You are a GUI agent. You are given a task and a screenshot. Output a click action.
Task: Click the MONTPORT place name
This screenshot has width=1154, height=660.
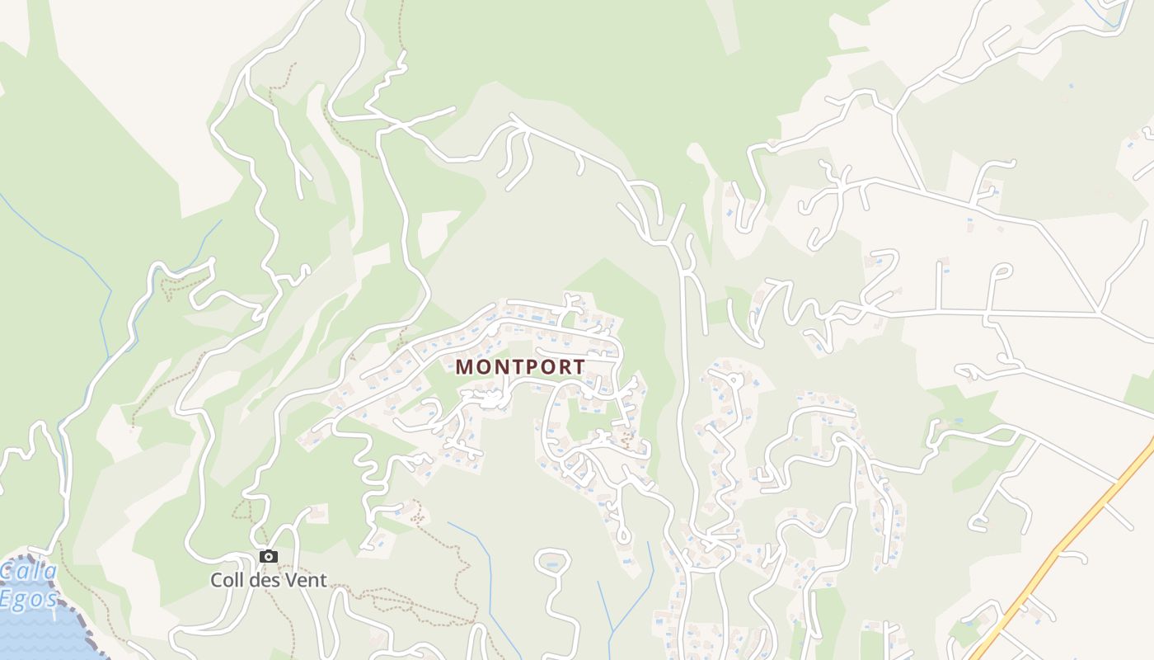520,367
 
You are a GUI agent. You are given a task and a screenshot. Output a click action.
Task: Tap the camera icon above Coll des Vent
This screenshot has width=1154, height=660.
269,557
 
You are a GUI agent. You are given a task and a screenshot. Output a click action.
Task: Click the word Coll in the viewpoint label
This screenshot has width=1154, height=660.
228,580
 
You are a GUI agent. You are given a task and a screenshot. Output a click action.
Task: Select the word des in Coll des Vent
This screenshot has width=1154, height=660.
266,580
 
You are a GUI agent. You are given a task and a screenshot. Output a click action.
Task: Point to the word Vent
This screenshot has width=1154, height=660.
307,580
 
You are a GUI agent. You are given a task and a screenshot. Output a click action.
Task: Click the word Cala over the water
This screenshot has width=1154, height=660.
29,571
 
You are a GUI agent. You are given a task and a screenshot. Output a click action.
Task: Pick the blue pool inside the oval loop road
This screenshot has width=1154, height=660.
552,565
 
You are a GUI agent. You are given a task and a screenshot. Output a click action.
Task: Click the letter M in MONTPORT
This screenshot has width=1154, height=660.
465,367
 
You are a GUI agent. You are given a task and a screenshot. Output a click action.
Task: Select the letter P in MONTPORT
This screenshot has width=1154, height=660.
528,367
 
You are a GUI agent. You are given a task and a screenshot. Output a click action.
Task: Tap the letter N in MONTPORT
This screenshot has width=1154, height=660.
498,367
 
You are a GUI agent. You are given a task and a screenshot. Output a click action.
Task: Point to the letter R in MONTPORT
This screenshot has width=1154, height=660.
561,367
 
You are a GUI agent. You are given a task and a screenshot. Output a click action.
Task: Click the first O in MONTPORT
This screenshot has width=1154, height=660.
482,367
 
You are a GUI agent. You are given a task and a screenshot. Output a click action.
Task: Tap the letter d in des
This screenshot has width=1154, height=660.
257,580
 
